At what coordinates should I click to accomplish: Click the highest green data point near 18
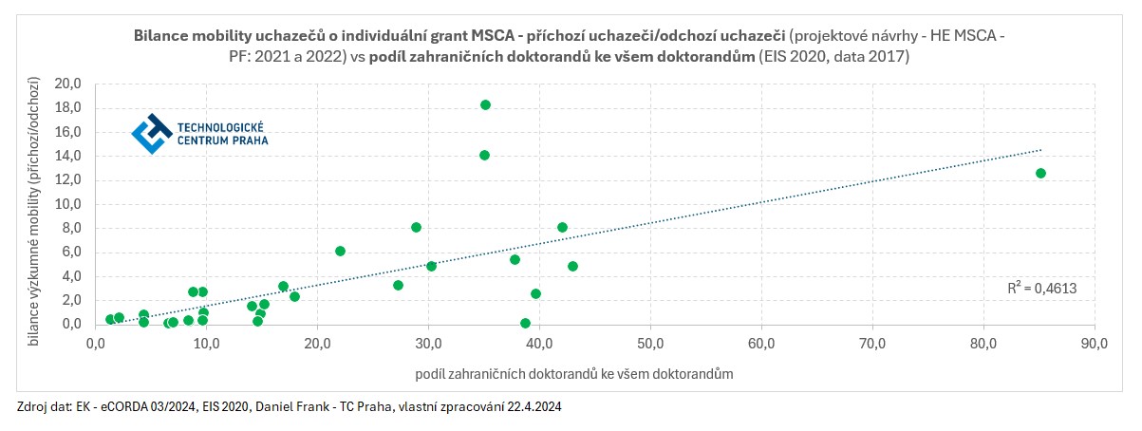pyautogui.click(x=485, y=104)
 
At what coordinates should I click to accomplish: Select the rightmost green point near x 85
pyautogui.click(x=1040, y=173)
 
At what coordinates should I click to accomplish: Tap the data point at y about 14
pyautogui.click(x=484, y=155)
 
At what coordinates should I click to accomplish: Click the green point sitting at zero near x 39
pyautogui.click(x=525, y=323)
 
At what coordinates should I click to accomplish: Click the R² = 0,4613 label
pyautogui.click(x=1040, y=287)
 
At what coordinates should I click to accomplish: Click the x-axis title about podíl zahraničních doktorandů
pyautogui.click(x=573, y=374)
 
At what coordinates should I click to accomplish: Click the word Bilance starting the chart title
pyautogui.click(x=162, y=35)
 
